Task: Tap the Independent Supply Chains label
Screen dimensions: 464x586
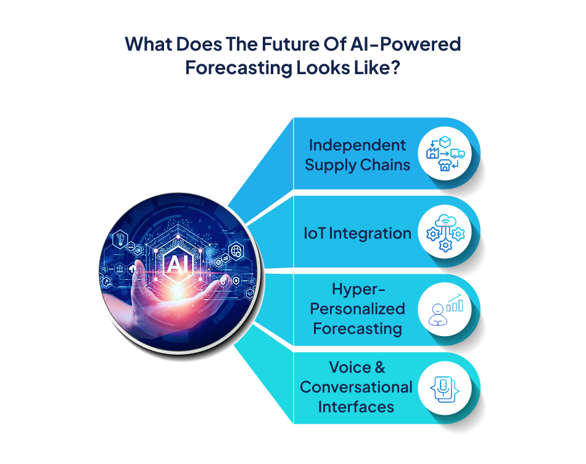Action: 357,154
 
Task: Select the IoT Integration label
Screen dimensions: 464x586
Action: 357,233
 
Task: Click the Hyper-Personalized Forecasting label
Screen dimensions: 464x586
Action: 358,308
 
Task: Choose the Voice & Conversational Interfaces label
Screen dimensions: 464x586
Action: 357,387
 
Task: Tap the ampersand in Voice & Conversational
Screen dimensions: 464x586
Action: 379,368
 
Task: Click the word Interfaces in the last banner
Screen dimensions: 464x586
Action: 357,407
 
